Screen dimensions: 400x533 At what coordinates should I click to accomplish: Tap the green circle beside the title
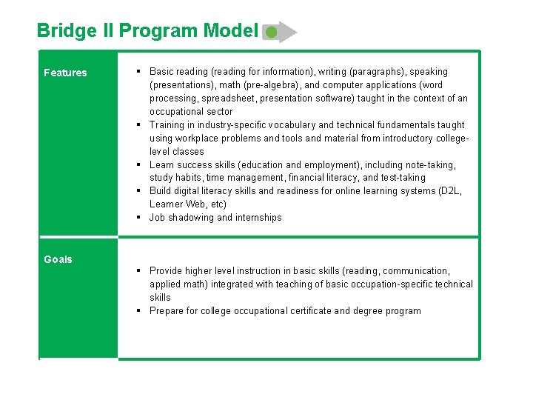click(x=272, y=33)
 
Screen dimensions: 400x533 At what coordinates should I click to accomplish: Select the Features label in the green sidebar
click(x=65, y=73)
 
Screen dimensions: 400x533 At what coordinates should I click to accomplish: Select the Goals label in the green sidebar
click(x=58, y=259)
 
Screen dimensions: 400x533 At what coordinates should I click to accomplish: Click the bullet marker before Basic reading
click(x=139, y=72)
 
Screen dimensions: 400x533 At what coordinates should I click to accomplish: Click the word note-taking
click(x=429, y=165)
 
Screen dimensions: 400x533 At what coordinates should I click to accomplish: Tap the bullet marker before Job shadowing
click(x=139, y=218)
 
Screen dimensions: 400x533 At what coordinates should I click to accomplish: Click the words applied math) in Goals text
click(x=179, y=284)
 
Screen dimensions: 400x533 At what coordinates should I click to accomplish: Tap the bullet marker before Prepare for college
click(x=139, y=311)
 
